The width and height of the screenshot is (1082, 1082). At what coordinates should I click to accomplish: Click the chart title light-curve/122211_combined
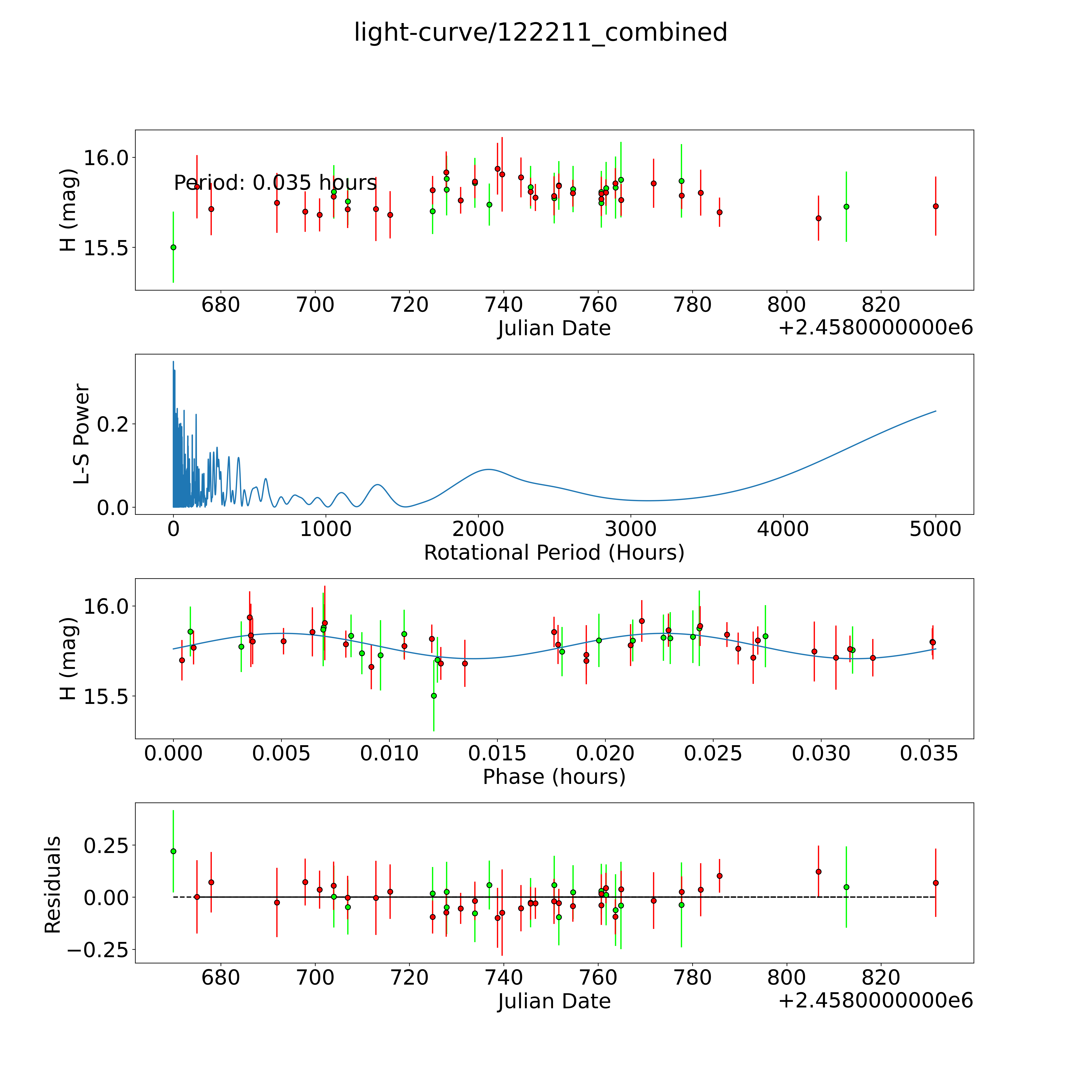(x=540, y=32)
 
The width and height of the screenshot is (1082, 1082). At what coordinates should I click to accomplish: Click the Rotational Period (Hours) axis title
(x=554, y=553)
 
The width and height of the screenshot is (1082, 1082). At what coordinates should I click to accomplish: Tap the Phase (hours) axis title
(x=554, y=777)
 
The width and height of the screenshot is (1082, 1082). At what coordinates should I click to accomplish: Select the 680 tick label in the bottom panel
(x=221, y=978)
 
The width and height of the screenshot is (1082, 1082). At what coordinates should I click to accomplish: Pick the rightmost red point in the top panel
(x=935, y=206)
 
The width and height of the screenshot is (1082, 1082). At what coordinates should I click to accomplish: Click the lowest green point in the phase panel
(x=433, y=695)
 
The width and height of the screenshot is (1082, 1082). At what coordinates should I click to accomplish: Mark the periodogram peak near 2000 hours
(x=488, y=469)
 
